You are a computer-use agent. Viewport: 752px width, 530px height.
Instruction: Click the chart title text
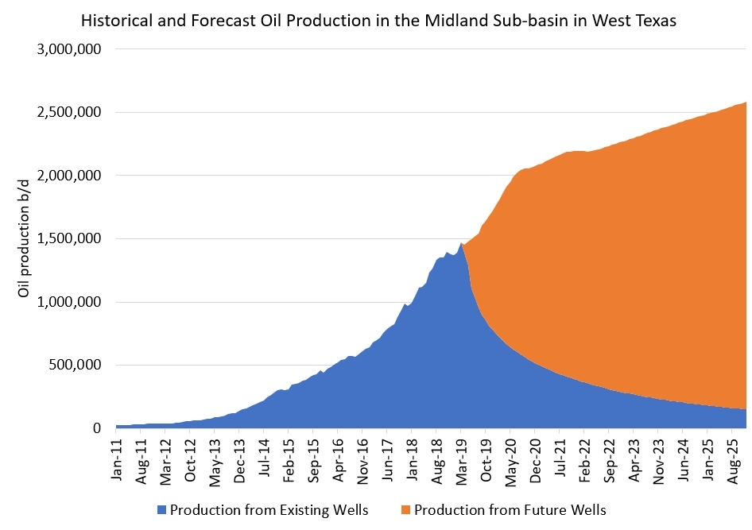tap(379, 21)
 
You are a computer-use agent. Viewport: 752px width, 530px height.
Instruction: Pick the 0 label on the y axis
tap(96, 428)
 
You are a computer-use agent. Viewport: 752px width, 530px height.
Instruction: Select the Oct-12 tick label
tap(191, 456)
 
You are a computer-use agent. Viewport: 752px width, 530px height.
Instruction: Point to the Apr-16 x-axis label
tap(338, 456)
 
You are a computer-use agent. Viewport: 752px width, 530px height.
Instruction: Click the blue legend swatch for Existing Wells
tap(163, 509)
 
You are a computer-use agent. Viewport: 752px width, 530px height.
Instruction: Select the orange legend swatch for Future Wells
tap(406, 509)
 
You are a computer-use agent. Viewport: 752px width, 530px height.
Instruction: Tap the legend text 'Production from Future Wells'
tap(510, 509)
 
